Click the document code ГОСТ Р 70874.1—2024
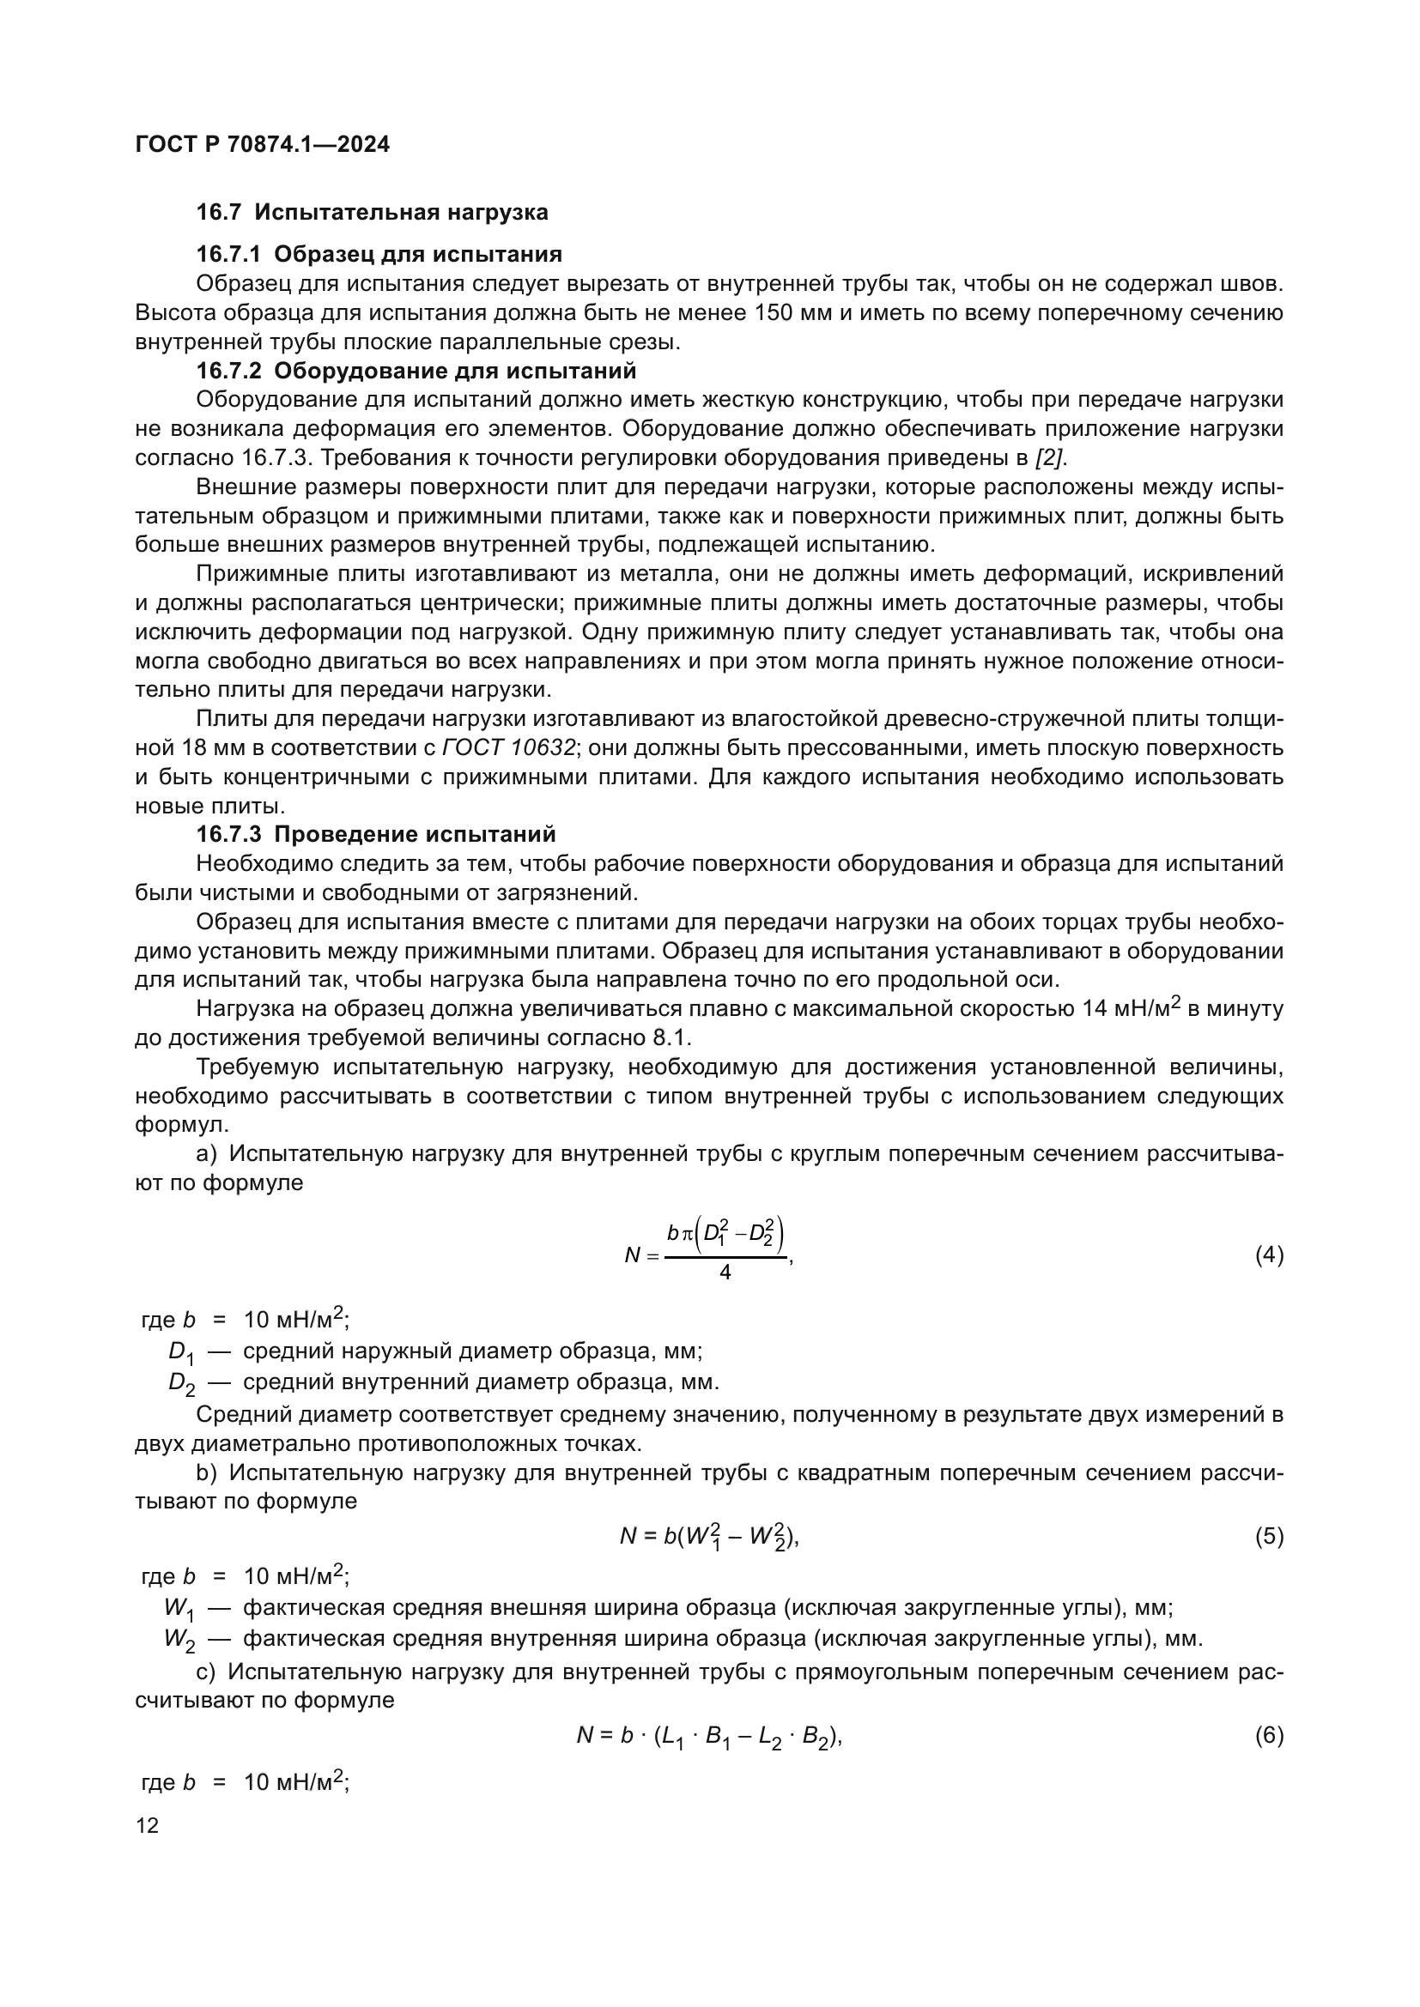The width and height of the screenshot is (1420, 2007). tap(263, 144)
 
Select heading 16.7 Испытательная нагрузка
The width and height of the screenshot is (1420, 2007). tap(372, 213)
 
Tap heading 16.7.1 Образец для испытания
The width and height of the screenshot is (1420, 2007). tap(379, 254)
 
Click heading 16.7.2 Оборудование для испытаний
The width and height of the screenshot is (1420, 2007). tap(416, 371)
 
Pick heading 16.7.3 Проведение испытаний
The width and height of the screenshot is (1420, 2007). tap(375, 834)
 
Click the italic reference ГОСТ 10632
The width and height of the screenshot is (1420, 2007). tap(509, 748)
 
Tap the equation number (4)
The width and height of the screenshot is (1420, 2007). tap(1269, 1255)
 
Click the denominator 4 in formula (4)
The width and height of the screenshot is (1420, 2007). tap(725, 1273)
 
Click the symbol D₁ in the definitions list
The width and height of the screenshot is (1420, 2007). tap(181, 1352)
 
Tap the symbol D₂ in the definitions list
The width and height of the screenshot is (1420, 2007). tap(181, 1383)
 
